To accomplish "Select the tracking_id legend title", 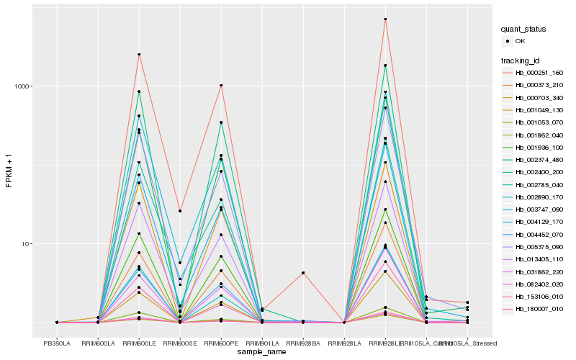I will coord(521,60).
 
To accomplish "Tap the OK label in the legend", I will coord(521,42).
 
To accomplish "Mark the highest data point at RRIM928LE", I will coord(385,19).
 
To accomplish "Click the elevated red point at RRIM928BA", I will coord(303,273).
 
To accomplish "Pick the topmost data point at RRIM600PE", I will coord(221,86).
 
